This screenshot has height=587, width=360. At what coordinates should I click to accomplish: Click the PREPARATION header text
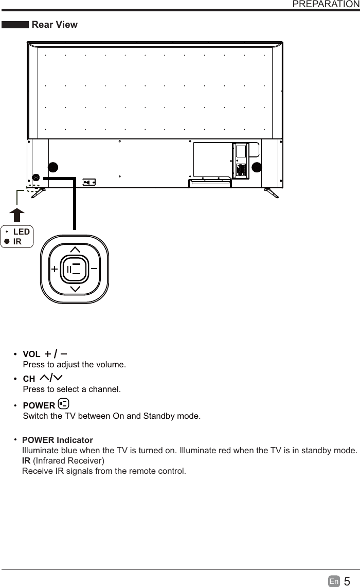326,5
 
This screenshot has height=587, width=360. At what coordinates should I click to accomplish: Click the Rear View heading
55,24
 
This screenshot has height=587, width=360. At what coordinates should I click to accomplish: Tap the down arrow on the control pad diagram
75,289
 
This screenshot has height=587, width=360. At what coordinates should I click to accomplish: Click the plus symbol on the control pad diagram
54,269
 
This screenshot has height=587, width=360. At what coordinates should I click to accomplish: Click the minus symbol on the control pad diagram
94,268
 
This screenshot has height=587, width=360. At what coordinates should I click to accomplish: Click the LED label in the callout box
22,232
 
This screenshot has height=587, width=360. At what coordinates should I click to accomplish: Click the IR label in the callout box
17,241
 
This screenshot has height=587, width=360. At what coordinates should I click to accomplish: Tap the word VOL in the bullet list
31,354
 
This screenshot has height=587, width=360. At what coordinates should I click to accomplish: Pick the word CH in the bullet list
29,380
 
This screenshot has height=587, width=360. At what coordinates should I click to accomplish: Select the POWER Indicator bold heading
58,440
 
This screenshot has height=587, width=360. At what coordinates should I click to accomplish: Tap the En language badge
334,581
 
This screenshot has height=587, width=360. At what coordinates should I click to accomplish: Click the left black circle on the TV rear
52,167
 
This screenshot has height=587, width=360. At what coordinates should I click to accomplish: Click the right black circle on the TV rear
257,167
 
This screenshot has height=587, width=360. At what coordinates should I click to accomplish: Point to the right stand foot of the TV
272,193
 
